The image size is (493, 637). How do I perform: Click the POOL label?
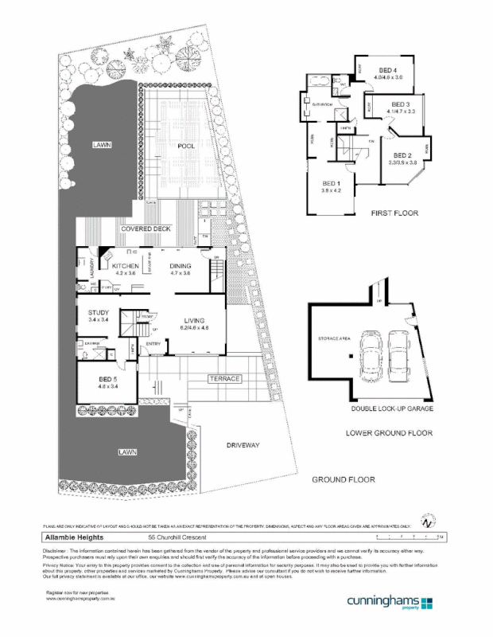[187, 147]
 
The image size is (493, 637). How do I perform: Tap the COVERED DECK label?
[148, 229]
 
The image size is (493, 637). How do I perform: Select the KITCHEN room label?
[126, 266]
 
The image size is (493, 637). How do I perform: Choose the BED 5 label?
[108, 380]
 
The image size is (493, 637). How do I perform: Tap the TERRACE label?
[223, 379]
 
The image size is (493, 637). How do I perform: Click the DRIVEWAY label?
[243, 444]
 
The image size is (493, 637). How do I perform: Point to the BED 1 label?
[331, 182]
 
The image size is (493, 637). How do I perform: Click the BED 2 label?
[402, 155]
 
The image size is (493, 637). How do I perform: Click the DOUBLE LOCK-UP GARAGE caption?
[394, 409]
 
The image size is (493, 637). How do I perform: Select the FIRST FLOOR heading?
[394, 214]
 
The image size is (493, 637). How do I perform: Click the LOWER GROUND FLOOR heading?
[389, 434]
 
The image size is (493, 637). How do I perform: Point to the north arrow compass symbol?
[427, 522]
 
